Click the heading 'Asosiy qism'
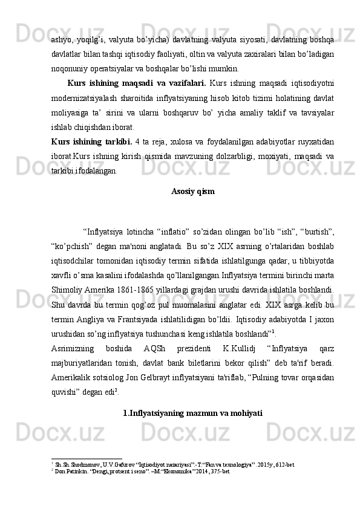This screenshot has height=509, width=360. tap(192, 192)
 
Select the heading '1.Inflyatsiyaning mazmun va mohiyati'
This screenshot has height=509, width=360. tap(192, 413)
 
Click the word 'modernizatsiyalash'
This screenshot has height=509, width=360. tap(82, 97)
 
